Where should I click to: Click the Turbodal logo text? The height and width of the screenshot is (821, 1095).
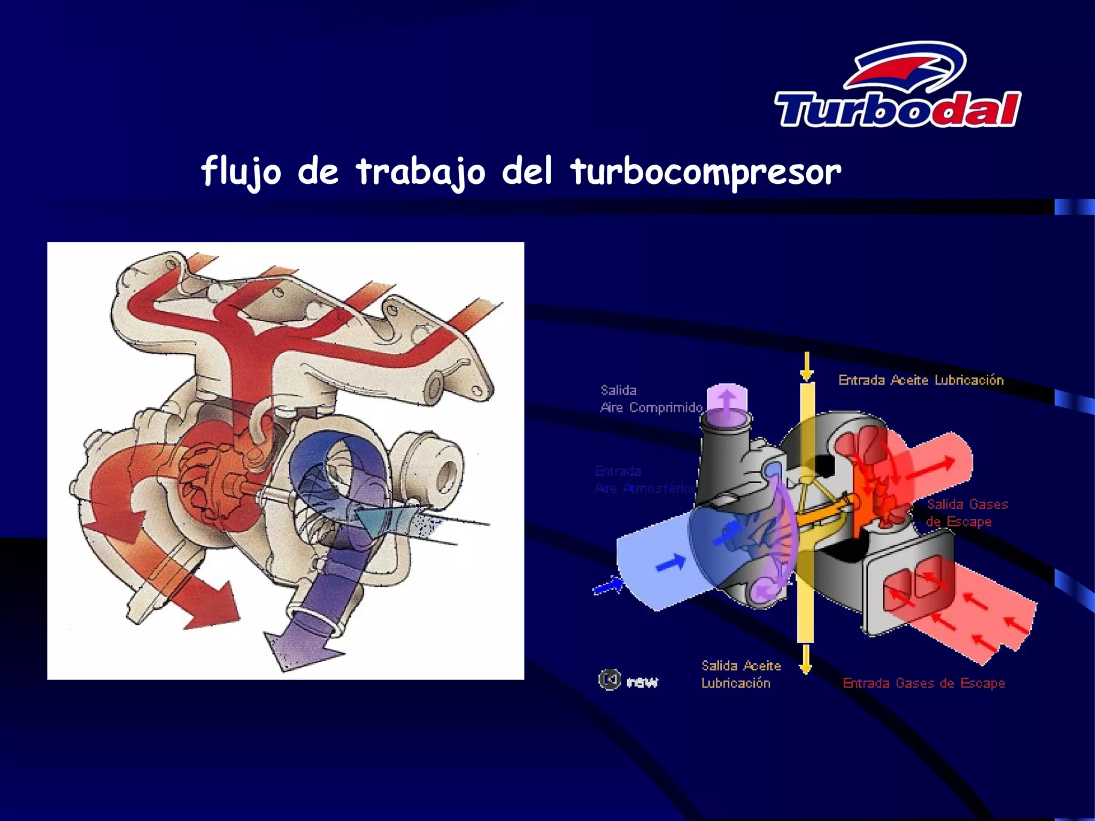coord(898,110)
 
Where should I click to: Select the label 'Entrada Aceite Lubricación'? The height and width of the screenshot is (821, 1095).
coord(921,380)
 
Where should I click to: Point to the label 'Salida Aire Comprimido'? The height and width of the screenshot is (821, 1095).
coord(651,399)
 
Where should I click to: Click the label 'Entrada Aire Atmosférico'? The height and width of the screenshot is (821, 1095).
coord(644,479)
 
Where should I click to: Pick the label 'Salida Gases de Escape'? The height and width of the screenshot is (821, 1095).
coord(967,513)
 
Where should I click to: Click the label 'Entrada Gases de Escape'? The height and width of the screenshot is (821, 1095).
coord(923,683)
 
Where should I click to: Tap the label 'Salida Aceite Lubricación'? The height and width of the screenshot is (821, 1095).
coord(741,674)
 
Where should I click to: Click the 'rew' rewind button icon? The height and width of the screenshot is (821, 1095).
coord(610,680)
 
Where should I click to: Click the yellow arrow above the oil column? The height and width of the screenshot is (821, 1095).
coord(807,367)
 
